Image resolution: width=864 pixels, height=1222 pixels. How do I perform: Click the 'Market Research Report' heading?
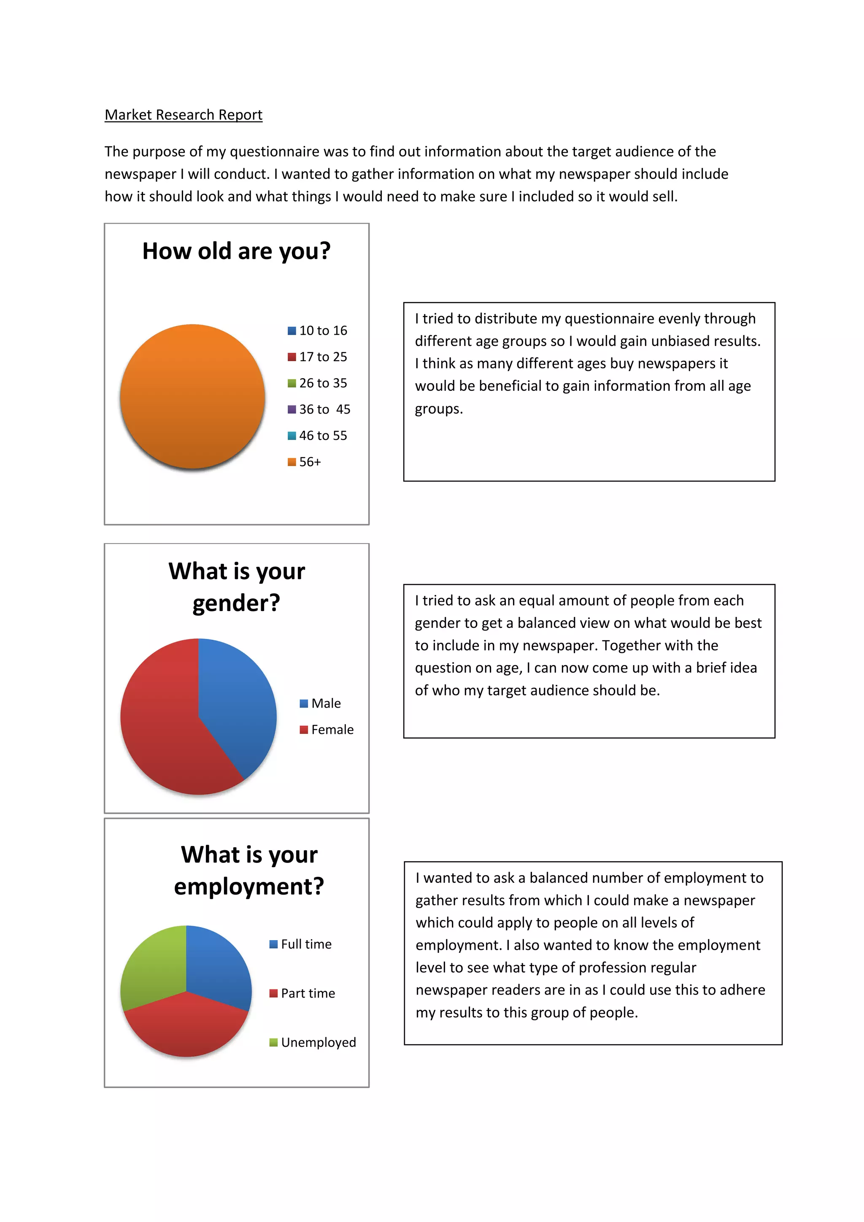pyautogui.click(x=183, y=115)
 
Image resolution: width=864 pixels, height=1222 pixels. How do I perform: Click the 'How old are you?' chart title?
pyautogui.click(x=236, y=251)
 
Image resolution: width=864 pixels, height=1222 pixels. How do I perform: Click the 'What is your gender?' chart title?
pyautogui.click(x=237, y=587)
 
